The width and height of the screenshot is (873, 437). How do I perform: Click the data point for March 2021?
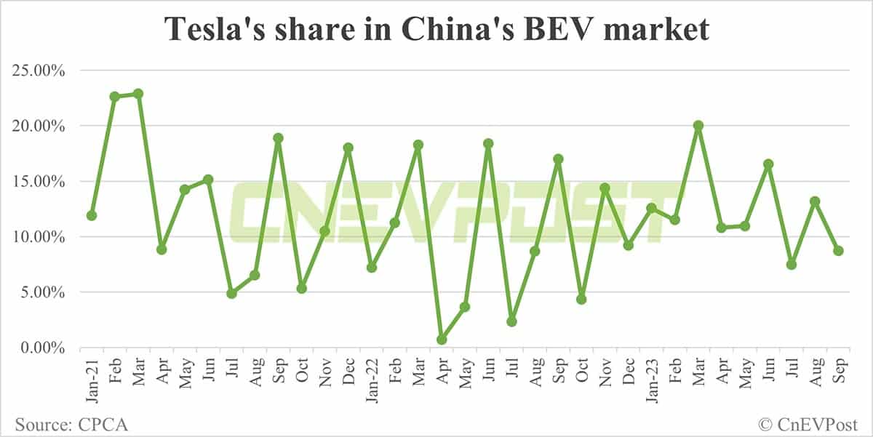point(138,94)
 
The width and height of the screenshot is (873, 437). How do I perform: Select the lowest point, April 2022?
point(442,340)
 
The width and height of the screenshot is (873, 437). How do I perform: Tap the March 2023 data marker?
point(698,125)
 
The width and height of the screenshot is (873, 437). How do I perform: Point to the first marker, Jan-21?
point(92,215)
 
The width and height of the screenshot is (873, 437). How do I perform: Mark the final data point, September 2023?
point(838,251)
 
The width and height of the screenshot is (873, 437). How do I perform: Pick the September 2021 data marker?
point(278,138)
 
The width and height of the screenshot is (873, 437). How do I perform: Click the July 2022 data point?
point(511,321)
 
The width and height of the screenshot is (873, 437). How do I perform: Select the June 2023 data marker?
point(768,164)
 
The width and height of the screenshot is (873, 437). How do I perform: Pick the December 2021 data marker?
point(348,148)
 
